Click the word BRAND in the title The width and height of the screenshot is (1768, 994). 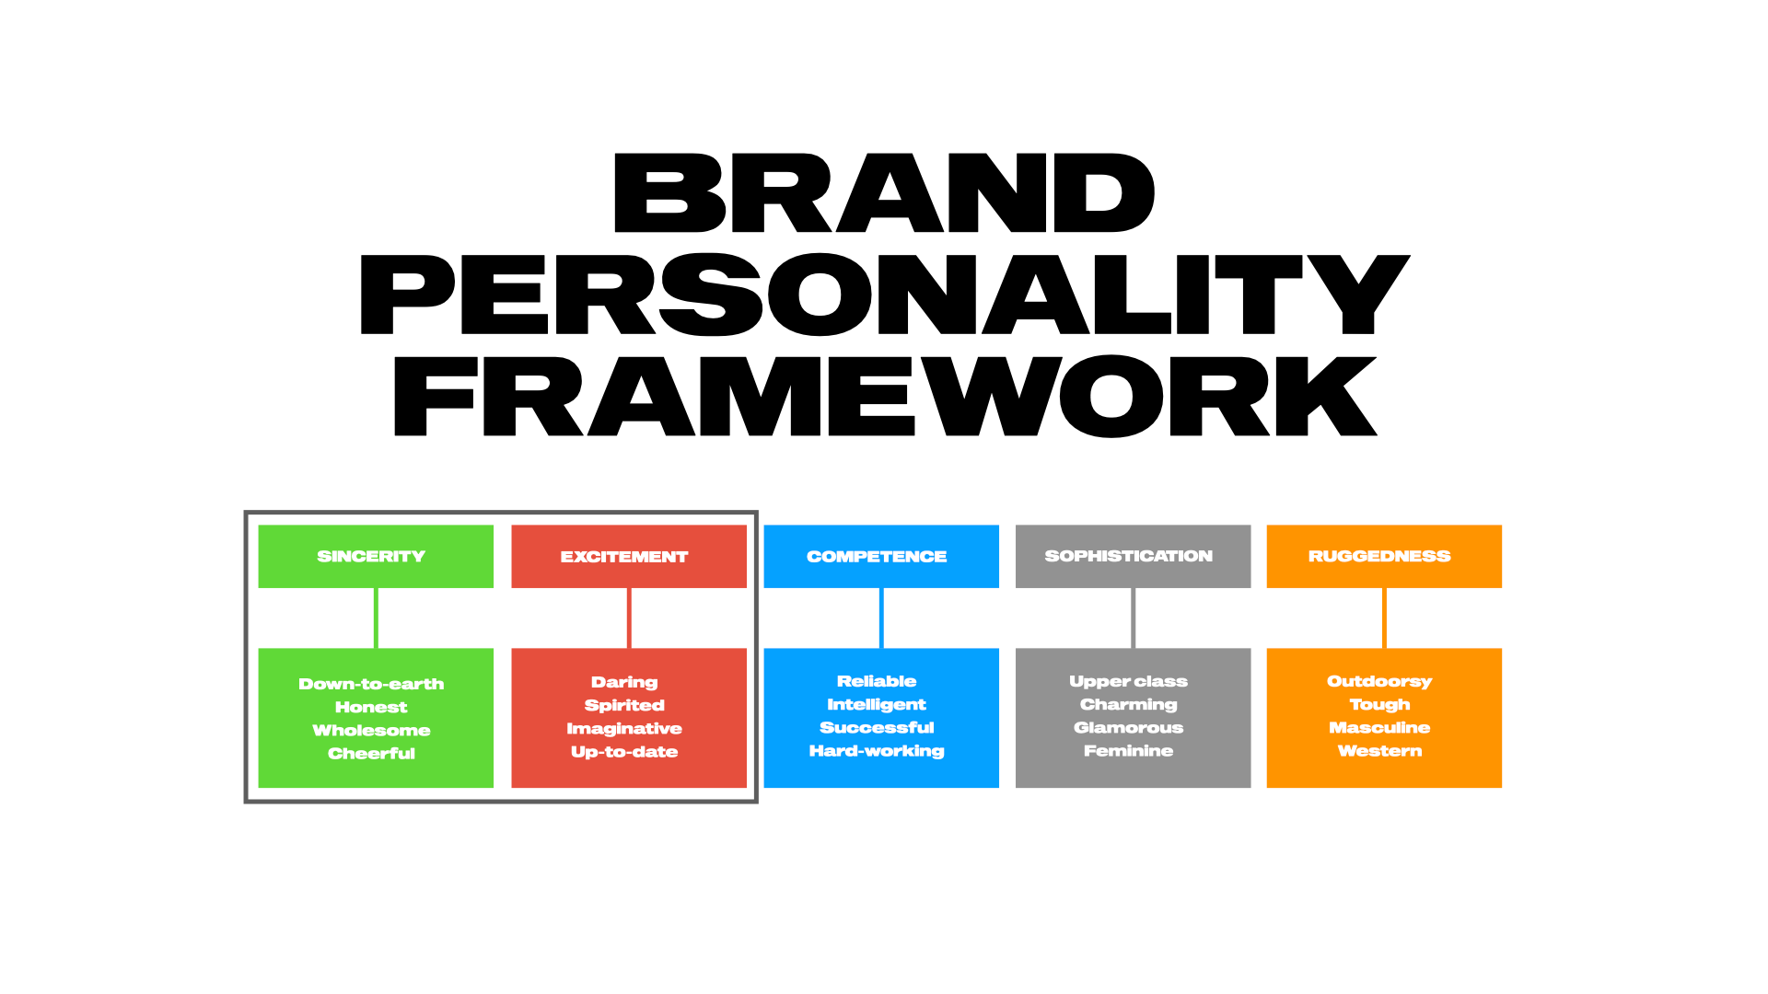[883, 193]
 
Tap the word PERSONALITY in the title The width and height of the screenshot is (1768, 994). [884, 295]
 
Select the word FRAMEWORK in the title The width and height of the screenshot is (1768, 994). [884, 396]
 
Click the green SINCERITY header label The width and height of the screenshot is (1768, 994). [371, 556]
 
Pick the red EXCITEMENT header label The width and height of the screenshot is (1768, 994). [624, 557]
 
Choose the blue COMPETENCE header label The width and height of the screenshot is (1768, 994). [877, 557]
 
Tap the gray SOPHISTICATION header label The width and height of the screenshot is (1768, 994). [1129, 556]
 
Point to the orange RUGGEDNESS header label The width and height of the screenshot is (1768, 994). [1379, 556]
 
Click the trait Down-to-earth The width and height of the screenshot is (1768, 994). [371, 684]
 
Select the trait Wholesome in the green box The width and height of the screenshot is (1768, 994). [371, 730]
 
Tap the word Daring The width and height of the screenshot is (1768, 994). [624, 682]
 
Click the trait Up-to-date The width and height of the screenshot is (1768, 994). [624, 752]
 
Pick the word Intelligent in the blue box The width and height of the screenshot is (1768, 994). [877, 704]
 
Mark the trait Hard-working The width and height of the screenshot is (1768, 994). [877, 751]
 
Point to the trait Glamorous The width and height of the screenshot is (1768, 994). [1129, 727]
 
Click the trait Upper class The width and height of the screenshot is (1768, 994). [1129, 681]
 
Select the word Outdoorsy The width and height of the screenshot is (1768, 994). [1379, 681]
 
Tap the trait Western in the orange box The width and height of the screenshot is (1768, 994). [1379, 751]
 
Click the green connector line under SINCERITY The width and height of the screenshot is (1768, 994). [376, 618]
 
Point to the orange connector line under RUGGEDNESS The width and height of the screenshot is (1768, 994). [1384, 618]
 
